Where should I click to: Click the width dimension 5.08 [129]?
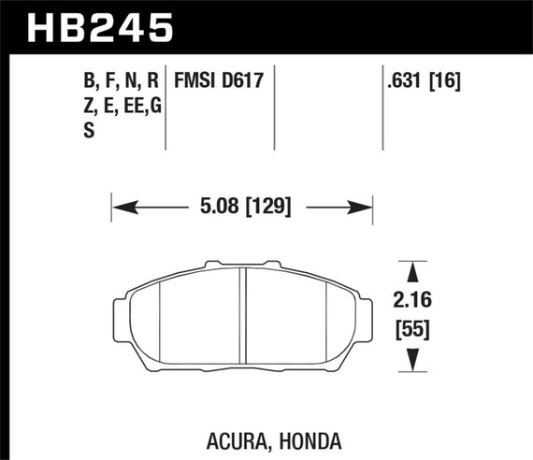[241, 207]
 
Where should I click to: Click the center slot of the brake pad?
[243, 318]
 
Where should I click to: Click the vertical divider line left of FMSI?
[166, 108]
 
